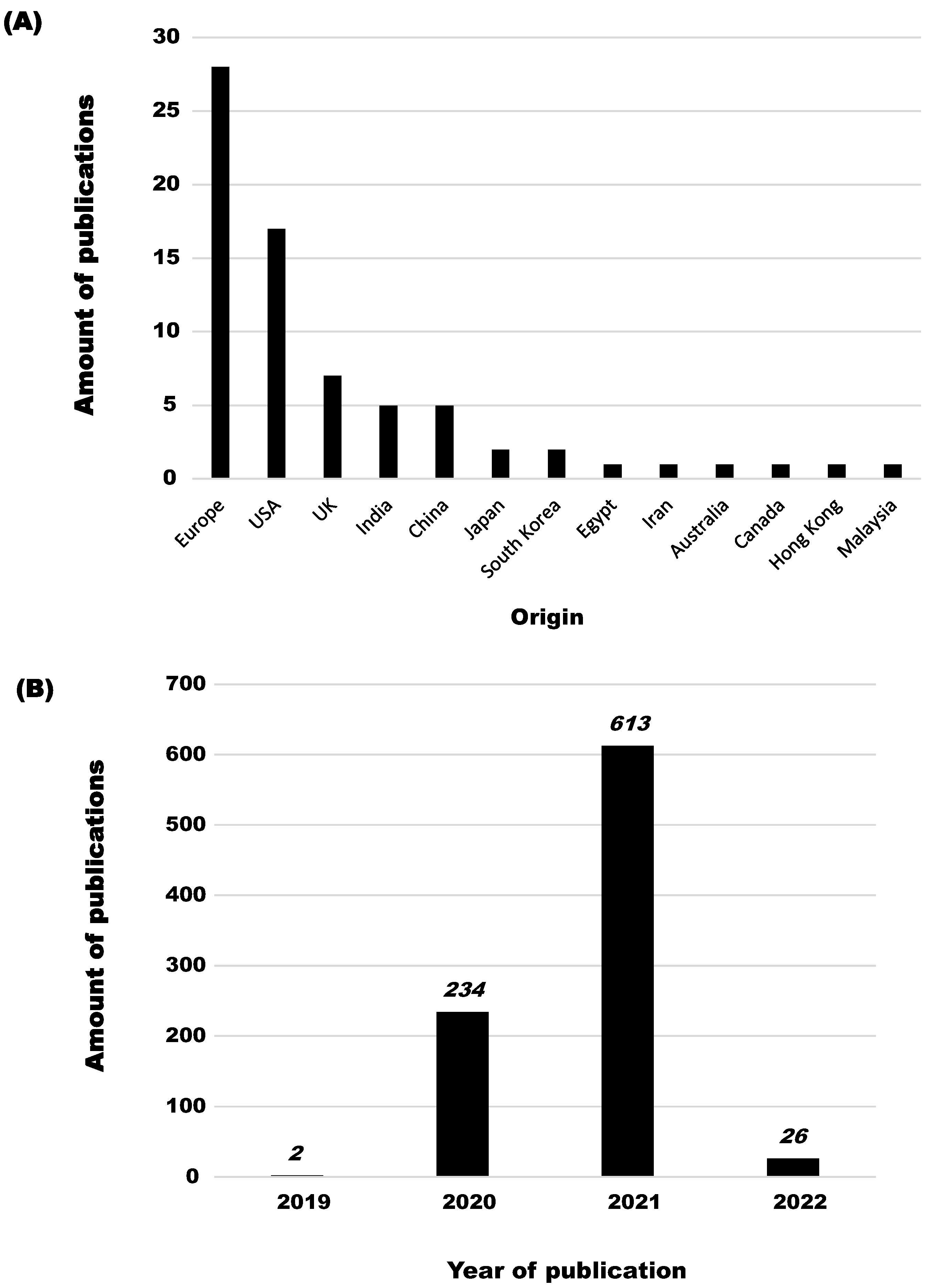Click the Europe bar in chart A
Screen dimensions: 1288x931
pyautogui.click(x=220, y=273)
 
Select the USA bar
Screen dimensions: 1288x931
pyautogui.click(x=277, y=353)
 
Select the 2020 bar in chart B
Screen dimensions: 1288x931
pyautogui.click(x=462, y=1093)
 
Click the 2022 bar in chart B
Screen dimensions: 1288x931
pyautogui.click(x=793, y=1167)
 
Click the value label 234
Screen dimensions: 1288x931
pyautogui.click(x=465, y=991)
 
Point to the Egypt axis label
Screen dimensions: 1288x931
pyautogui.click(x=596, y=518)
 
